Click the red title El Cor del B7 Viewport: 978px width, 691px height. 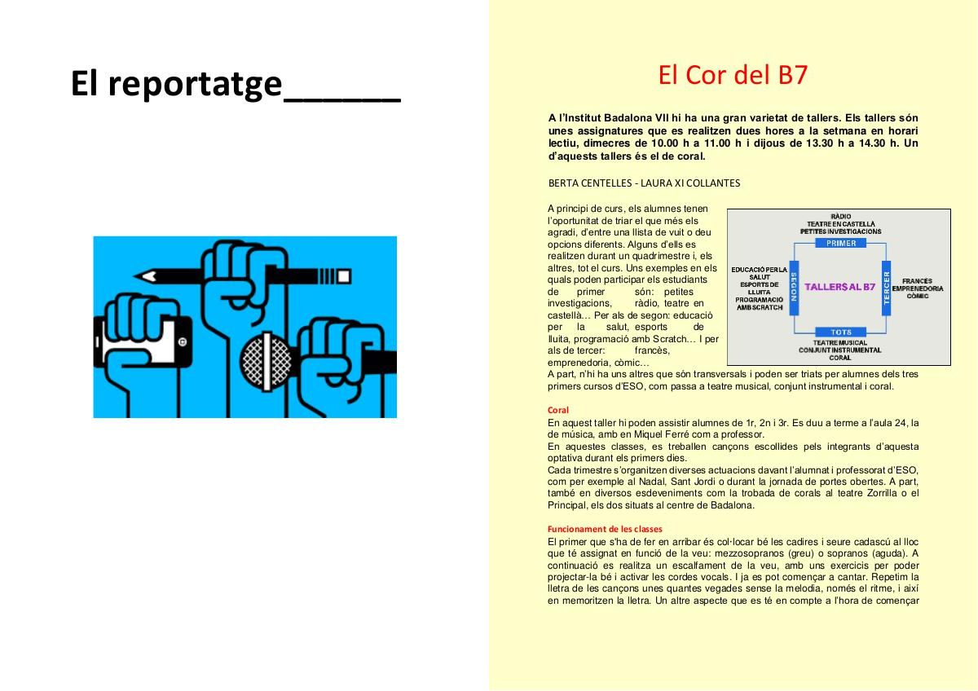[733, 75]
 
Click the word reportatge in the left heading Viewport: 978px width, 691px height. [195, 84]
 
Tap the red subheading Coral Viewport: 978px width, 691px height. [558, 410]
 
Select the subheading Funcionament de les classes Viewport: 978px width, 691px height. [605, 529]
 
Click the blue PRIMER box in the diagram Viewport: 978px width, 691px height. [840, 243]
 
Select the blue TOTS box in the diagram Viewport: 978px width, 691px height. [840, 332]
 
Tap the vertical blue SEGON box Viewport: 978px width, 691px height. [794, 288]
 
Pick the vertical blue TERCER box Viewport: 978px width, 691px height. [887, 288]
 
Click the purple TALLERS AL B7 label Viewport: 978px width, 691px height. [840, 287]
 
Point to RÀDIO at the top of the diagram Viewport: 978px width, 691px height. [841, 216]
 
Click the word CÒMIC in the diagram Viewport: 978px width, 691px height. [918, 296]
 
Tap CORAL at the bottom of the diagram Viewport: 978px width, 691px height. [840, 358]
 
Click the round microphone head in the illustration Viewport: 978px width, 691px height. [266, 362]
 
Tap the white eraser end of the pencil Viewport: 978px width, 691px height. [344, 276]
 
